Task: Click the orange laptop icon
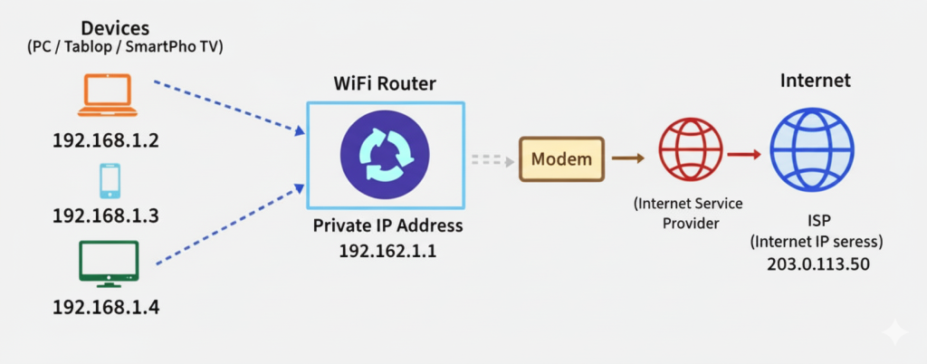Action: point(106,96)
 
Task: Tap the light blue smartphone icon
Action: point(110,181)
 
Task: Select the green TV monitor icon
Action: point(109,263)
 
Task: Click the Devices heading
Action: point(115,28)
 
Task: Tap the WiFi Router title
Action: point(385,84)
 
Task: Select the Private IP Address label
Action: point(387,226)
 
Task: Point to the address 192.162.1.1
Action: point(387,251)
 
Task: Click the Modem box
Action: point(560,159)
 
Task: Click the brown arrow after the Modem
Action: point(628,159)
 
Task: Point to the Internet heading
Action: point(815,81)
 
